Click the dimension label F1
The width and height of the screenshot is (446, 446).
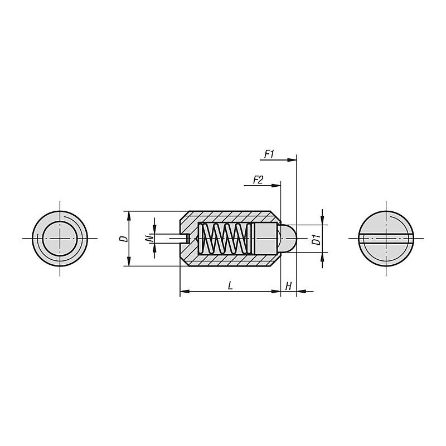[269, 154]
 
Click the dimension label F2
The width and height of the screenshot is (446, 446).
[258, 180]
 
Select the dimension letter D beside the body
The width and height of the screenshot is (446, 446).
[124, 239]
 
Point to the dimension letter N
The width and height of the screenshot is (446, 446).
[148, 239]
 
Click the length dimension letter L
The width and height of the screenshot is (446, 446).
[230, 285]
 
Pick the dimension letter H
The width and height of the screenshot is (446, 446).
[288, 286]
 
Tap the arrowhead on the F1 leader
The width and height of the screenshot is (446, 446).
[292, 160]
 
